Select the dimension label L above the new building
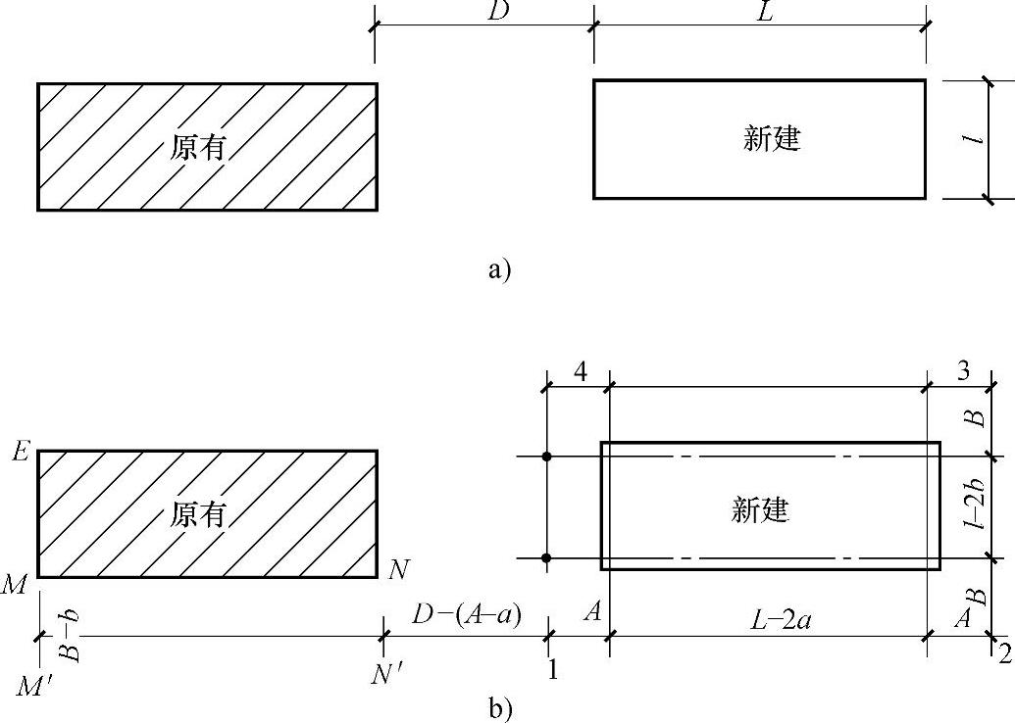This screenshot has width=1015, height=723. tap(761, 12)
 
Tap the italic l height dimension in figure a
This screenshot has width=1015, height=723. tap(971, 140)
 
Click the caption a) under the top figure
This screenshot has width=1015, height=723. tap(500, 269)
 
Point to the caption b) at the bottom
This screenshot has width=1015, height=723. tap(500, 708)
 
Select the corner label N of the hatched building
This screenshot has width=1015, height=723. tap(397, 569)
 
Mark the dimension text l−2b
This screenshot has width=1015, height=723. tap(974, 506)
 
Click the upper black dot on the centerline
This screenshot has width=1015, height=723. tap(547, 457)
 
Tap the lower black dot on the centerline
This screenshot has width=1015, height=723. tap(547, 558)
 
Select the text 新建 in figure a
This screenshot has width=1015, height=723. tap(773, 139)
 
